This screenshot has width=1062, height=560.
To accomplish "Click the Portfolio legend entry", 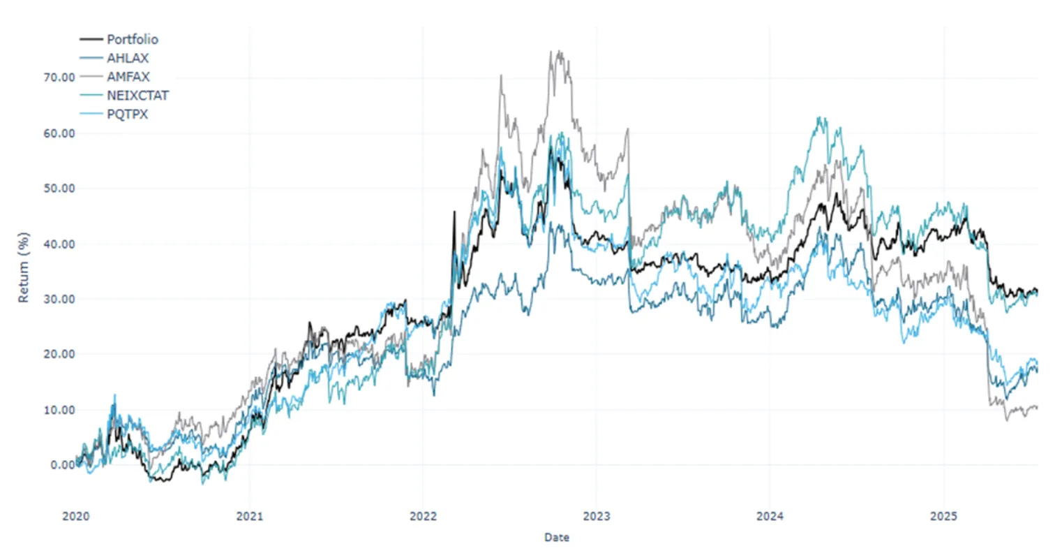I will click(132, 39).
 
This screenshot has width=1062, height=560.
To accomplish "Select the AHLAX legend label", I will click(128, 58).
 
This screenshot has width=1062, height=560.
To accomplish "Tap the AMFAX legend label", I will click(128, 77).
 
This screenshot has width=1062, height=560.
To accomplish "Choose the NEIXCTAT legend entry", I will click(137, 96).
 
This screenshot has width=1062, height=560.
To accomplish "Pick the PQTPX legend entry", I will click(127, 115).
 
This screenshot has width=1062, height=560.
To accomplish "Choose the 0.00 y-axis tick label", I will click(62, 465).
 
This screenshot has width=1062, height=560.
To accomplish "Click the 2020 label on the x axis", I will click(76, 517).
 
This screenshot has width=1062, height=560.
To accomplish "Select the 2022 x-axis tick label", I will click(423, 517).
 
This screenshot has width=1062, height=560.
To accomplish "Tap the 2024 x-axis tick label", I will click(770, 517).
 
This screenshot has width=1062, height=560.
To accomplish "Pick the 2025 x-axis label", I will click(943, 517).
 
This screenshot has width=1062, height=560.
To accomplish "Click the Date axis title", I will click(556, 537).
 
